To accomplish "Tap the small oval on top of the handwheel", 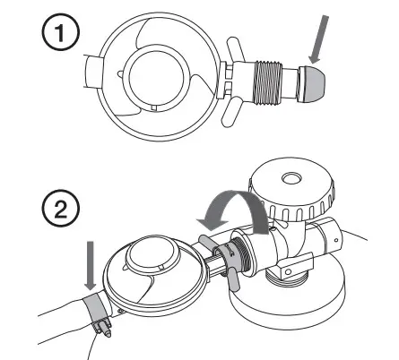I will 292,178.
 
